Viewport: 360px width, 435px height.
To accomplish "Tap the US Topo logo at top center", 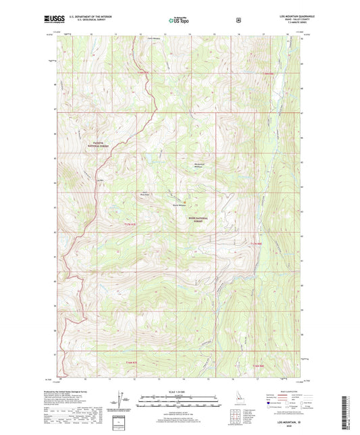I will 179,22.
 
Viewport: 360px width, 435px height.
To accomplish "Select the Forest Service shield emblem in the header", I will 238,21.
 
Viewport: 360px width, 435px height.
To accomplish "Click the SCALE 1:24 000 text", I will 179,391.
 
